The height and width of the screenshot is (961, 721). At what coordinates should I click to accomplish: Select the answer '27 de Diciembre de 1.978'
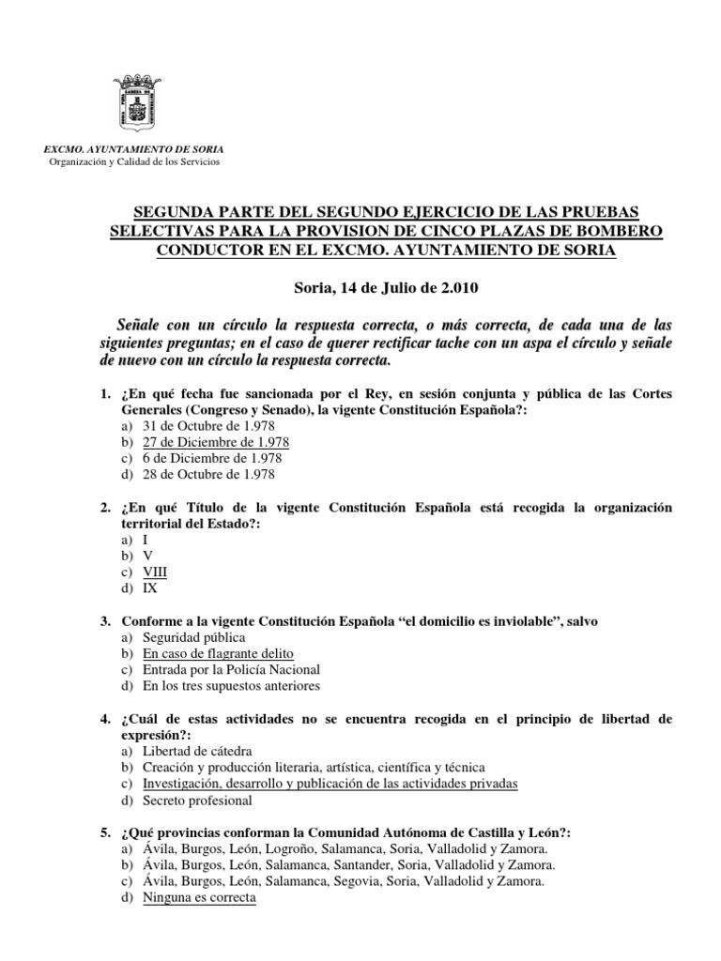216,441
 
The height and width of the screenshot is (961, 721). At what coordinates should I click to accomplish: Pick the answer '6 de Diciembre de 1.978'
212,458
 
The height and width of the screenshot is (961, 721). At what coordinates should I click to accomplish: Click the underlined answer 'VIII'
155,572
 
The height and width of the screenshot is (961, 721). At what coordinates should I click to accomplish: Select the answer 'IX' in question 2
150,589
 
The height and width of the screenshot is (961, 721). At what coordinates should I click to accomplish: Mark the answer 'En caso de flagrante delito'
219,653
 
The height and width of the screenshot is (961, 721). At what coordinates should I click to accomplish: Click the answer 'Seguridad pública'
193,637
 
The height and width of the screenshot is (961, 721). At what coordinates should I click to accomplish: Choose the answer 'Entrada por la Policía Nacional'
232,669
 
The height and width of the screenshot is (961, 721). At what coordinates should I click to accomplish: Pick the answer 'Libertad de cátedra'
197,752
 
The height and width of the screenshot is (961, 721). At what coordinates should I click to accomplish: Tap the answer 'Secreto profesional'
197,801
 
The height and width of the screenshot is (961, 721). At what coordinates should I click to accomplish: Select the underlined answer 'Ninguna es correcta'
199,898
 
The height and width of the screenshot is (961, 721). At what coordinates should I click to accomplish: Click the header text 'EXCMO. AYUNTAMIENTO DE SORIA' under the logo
135,149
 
